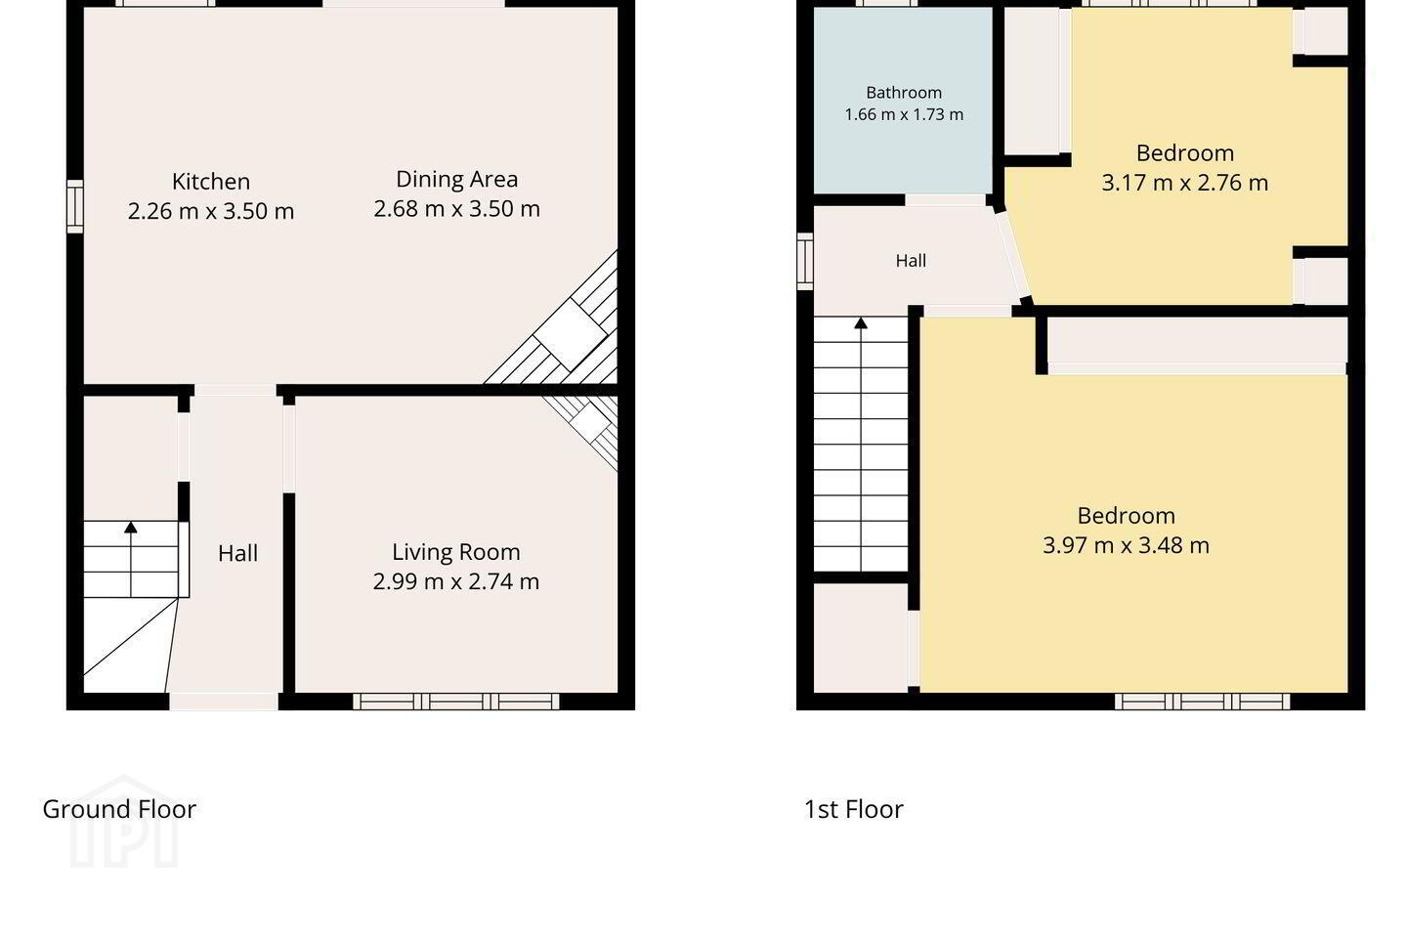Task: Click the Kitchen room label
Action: click(x=211, y=182)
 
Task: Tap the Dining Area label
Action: click(x=456, y=180)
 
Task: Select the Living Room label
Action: click(x=456, y=552)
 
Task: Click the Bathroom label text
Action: click(x=904, y=93)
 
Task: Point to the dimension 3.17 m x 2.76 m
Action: click(x=1184, y=183)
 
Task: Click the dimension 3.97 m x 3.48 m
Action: click(x=1126, y=545)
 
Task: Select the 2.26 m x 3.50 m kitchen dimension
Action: click(x=211, y=211)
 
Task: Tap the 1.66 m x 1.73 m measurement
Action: click(x=904, y=115)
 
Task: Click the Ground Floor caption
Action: click(x=119, y=809)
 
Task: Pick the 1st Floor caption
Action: click(x=854, y=809)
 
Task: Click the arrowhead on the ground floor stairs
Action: click(x=131, y=527)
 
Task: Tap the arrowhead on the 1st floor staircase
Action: click(x=861, y=323)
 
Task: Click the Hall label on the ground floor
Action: click(x=237, y=553)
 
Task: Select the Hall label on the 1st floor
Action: click(x=911, y=261)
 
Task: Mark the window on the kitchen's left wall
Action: click(x=74, y=207)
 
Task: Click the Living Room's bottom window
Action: click(x=456, y=702)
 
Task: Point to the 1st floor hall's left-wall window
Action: click(x=805, y=261)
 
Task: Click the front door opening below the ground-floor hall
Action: click(x=224, y=702)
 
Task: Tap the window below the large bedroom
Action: click(x=1202, y=702)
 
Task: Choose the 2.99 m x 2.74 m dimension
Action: click(x=456, y=581)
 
